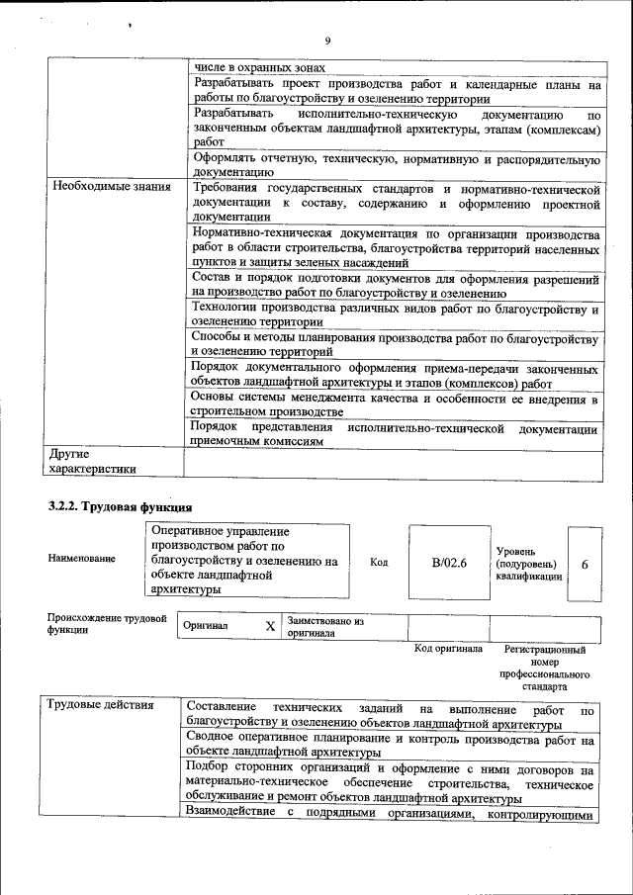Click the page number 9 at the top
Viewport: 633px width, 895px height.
326,41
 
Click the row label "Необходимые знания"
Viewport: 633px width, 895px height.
112,187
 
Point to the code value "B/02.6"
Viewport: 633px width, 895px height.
448,563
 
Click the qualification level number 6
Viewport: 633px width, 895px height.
585,564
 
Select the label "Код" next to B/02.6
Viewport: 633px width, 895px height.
378,563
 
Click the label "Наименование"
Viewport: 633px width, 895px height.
81,559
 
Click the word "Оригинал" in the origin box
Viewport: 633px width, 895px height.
206,627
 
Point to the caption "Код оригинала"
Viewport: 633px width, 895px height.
448,649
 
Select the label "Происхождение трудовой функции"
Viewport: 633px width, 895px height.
107,625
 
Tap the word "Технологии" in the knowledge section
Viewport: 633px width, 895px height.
226,310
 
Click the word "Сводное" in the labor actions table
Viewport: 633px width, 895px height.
213,739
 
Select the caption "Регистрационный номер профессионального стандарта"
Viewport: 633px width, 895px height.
545,668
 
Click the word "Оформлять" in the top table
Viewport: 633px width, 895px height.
226,159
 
